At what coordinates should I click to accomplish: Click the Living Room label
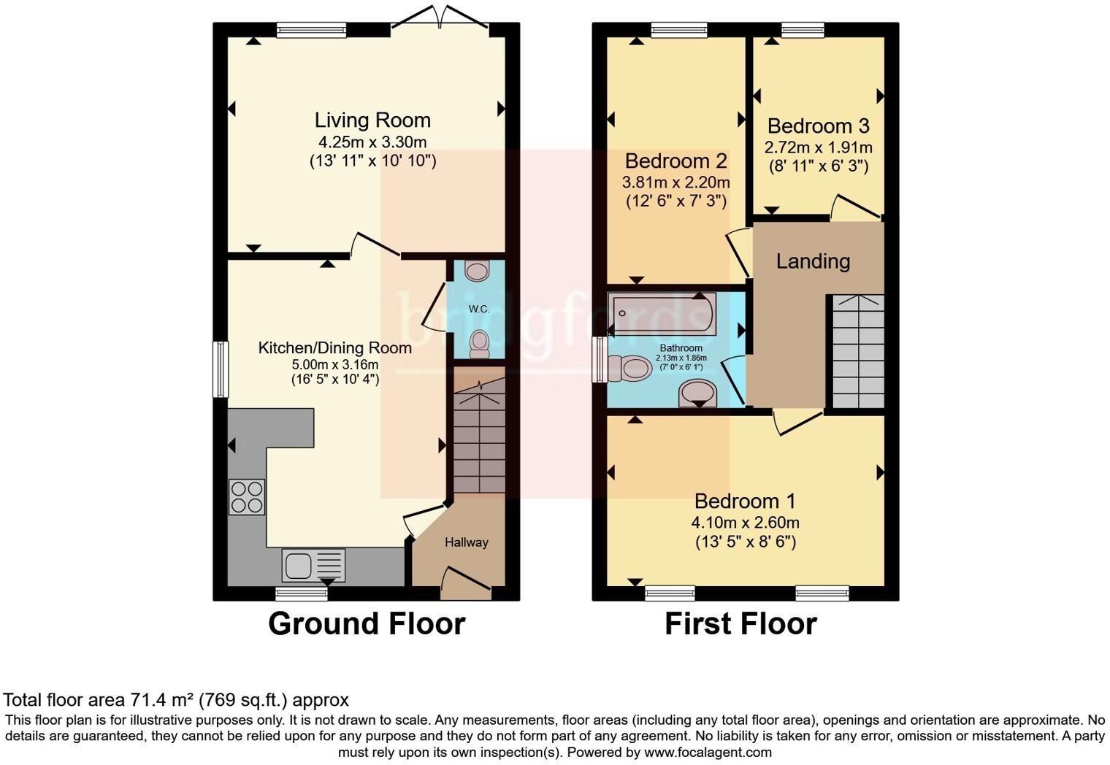372,120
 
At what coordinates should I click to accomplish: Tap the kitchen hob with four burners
247,496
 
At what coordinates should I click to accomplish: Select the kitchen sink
313,565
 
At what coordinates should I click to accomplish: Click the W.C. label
479,309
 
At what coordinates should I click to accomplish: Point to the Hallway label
466,542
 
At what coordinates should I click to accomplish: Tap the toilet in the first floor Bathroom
629,368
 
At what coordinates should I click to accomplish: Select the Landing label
813,261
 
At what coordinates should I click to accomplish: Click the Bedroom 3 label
818,126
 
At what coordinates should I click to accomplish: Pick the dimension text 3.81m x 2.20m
675,182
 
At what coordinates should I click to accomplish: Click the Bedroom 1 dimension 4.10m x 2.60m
745,523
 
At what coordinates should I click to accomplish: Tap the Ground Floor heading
367,624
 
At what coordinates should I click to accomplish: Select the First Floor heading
740,624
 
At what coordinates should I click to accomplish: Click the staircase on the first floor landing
858,351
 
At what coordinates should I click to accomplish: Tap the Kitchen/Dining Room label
334,348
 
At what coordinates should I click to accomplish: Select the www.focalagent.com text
708,752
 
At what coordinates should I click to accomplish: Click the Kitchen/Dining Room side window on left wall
220,369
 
